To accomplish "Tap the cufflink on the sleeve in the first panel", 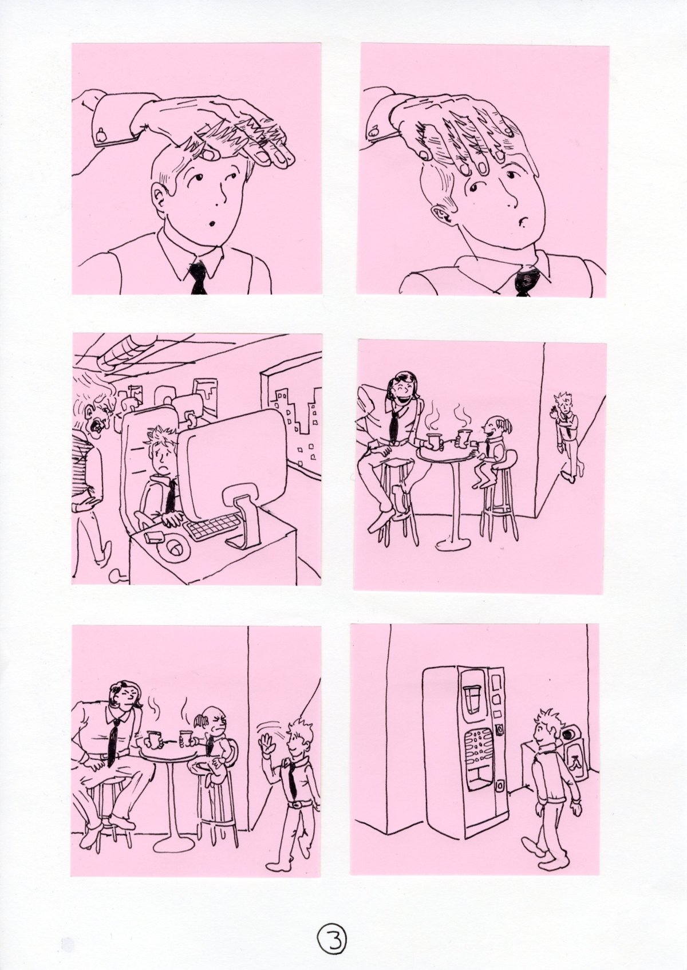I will coord(101,136).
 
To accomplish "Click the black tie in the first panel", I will coord(198,278).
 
